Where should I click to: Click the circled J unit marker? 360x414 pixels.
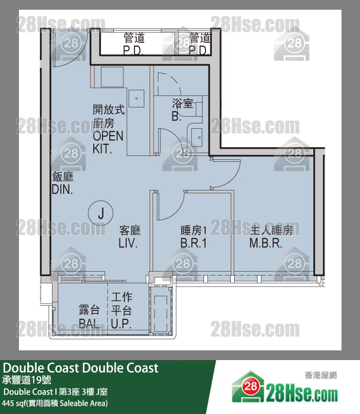click(x=101, y=213)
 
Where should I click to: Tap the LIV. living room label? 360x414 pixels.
click(x=128, y=243)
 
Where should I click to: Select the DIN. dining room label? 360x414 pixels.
click(x=62, y=190)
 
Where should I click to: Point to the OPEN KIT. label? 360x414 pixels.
click(x=108, y=142)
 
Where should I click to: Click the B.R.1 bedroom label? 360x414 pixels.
click(x=193, y=243)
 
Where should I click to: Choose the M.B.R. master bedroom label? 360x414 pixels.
click(x=266, y=243)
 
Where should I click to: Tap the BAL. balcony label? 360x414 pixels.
click(x=90, y=324)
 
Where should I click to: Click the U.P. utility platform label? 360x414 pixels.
click(x=121, y=324)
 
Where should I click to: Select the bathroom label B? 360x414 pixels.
click(x=176, y=116)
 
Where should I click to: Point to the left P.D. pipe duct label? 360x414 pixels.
click(x=133, y=50)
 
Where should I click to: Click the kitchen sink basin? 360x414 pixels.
click(x=136, y=99)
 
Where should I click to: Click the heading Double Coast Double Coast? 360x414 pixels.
click(x=81, y=368)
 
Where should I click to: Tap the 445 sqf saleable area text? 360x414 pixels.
click(x=55, y=403)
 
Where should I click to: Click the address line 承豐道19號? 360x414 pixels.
click(x=27, y=380)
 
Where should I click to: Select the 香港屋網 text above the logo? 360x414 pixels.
click(x=321, y=375)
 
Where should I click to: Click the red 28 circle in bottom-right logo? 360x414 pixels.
click(x=251, y=386)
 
